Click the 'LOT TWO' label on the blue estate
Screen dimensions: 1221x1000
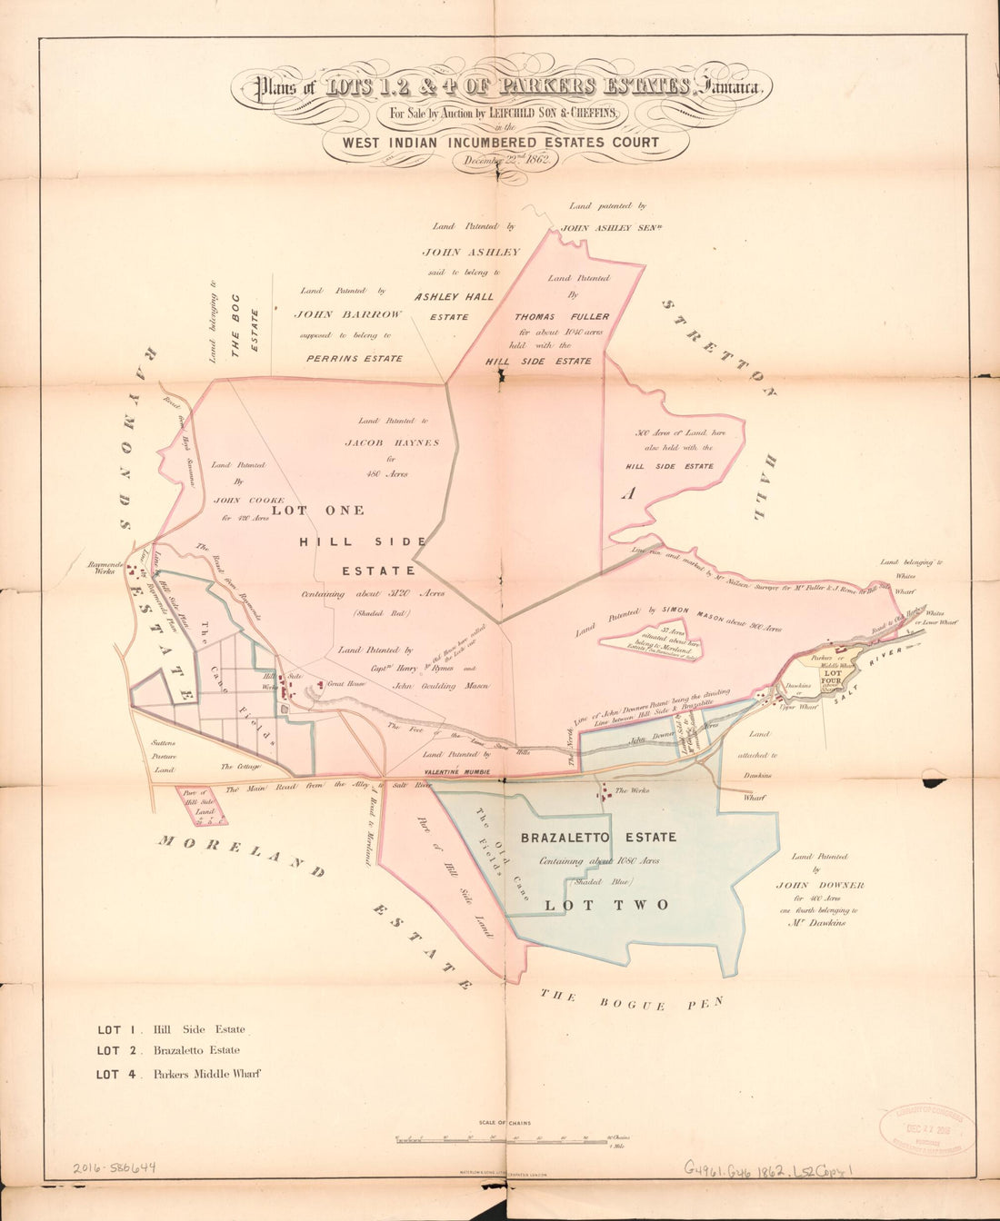[606, 905]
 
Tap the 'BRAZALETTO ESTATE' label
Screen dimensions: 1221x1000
[598, 837]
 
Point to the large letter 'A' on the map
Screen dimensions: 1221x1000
[627, 493]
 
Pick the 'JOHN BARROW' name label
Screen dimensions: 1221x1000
[347, 313]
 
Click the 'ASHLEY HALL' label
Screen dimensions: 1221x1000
[454, 296]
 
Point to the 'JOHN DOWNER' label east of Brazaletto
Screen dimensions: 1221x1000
[820, 885]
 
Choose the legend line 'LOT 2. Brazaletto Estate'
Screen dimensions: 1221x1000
[169, 1051]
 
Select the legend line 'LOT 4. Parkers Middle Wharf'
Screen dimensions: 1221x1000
[179, 1074]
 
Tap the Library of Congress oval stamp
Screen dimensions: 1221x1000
[927, 1130]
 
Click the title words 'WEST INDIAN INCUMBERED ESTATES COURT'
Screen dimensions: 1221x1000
[501, 143]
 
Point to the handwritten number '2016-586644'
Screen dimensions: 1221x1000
[115, 1168]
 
